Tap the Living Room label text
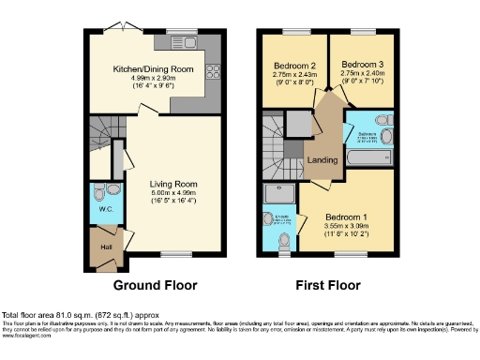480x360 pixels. pos(175,184)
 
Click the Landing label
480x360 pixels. pos(322,160)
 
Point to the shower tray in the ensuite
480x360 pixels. pos(279,194)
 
